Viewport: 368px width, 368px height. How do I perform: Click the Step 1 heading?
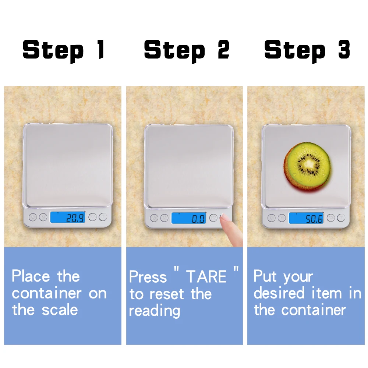pyautogui.click(x=63, y=50)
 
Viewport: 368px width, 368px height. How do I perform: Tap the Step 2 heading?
pyautogui.click(x=187, y=50)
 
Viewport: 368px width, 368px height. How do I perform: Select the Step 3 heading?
pyautogui.click(x=307, y=50)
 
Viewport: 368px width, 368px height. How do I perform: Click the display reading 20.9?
pyautogui.click(x=68, y=217)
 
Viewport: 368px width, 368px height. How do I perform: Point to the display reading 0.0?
pyautogui.click(x=189, y=218)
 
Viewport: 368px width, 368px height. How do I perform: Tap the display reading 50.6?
pyautogui.click(x=306, y=218)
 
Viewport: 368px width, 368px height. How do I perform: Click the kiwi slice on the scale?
pyautogui.click(x=307, y=166)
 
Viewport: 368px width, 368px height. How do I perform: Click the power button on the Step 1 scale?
pyautogui.click(x=33, y=217)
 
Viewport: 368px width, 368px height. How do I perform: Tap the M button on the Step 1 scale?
pyautogui.click(x=43, y=217)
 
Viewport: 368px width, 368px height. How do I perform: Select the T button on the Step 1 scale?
pyautogui.click(x=103, y=217)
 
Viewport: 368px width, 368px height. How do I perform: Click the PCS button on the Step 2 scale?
pyautogui.click(x=213, y=218)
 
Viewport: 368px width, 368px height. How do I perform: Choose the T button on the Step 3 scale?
pyautogui.click(x=341, y=218)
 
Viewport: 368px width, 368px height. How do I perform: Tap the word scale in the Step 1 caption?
pyautogui.click(x=60, y=310)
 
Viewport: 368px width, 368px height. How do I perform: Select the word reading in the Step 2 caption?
pyautogui.click(x=155, y=311)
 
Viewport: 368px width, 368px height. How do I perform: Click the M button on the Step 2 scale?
pyautogui.click(x=164, y=218)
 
